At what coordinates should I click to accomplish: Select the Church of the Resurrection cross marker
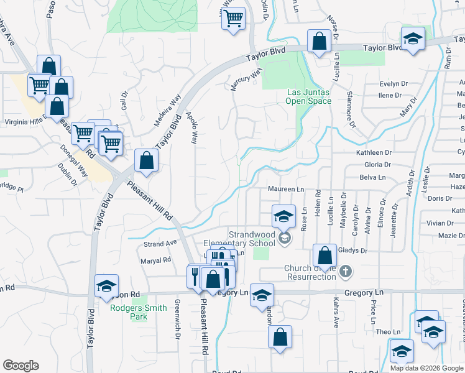(346, 272)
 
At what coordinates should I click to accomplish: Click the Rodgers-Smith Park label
(139, 311)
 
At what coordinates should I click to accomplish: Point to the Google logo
(21, 366)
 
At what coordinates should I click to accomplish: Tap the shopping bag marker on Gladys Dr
(325, 255)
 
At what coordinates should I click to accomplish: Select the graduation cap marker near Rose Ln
(283, 217)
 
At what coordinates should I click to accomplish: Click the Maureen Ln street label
(286, 189)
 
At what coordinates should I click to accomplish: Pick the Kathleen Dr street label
(374, 152)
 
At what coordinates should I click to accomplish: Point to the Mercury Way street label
(246, 80)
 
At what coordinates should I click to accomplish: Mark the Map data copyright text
(426, 368)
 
